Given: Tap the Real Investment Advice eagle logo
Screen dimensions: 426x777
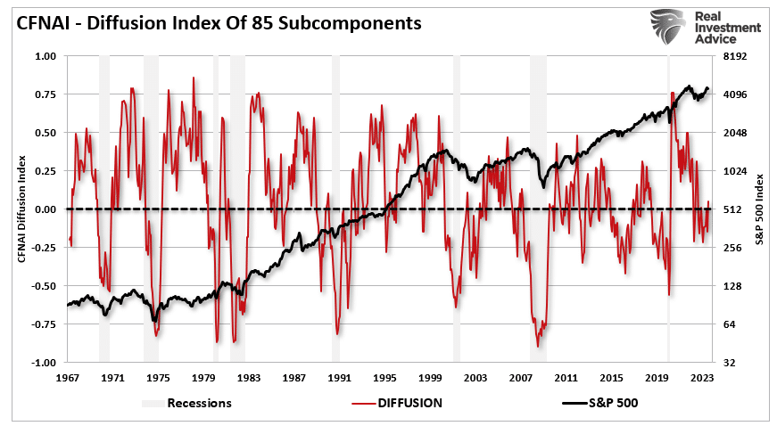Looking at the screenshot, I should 670,26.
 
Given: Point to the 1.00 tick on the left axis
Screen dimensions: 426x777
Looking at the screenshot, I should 45,56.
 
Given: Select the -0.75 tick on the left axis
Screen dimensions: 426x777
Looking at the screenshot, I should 43,324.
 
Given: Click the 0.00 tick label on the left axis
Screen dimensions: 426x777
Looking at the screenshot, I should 45,209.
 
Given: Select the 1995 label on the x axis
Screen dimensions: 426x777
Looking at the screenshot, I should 384,378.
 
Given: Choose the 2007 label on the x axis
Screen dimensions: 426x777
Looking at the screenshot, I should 521,378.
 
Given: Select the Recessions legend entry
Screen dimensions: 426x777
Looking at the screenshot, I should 186,403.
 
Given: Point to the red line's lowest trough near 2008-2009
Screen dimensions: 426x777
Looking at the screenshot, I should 538,346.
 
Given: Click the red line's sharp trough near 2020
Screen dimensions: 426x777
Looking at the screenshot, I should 669,294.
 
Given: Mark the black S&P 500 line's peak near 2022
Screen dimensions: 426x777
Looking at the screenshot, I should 688,86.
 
